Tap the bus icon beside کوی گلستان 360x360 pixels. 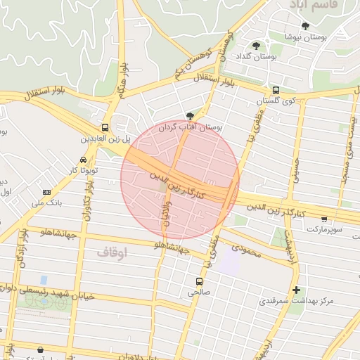click(x=276, y=90)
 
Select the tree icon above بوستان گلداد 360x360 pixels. click(x=256, y=46)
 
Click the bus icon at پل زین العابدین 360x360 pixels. click(x=105, y=127)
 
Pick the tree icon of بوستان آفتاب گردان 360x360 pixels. click(x=189, y=116)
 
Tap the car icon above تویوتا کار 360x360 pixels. click(x=84, y=160)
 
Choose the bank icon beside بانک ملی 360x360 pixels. click(x=47, y=192)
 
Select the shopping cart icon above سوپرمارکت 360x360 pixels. click(x=323, y=219)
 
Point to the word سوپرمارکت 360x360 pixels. click(x=323, y=229)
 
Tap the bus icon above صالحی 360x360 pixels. click(x=199, y=281)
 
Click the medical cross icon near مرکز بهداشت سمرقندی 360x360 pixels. click(x=296, y=290)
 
